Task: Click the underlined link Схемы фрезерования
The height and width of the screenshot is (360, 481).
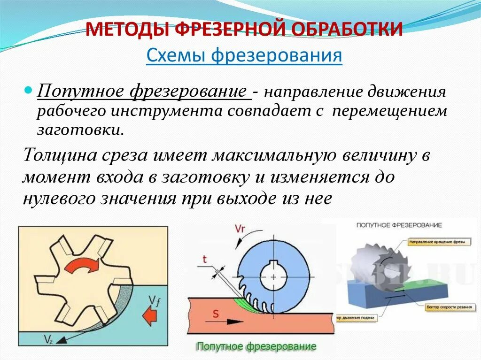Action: point(244,56)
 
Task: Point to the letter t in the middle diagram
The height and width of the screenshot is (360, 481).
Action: point(205,259)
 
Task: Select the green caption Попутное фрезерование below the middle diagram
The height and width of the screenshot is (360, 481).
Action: point(256,347)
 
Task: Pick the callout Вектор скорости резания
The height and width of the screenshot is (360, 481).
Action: point(446,306)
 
